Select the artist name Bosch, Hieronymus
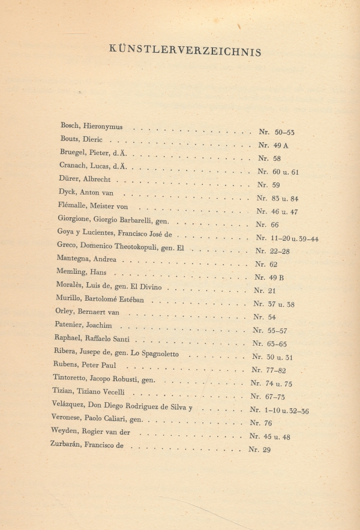coord(91,127)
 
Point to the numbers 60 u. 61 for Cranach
coord(287,172)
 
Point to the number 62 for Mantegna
coord(273,263)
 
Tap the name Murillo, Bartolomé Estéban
coord(101,298)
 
